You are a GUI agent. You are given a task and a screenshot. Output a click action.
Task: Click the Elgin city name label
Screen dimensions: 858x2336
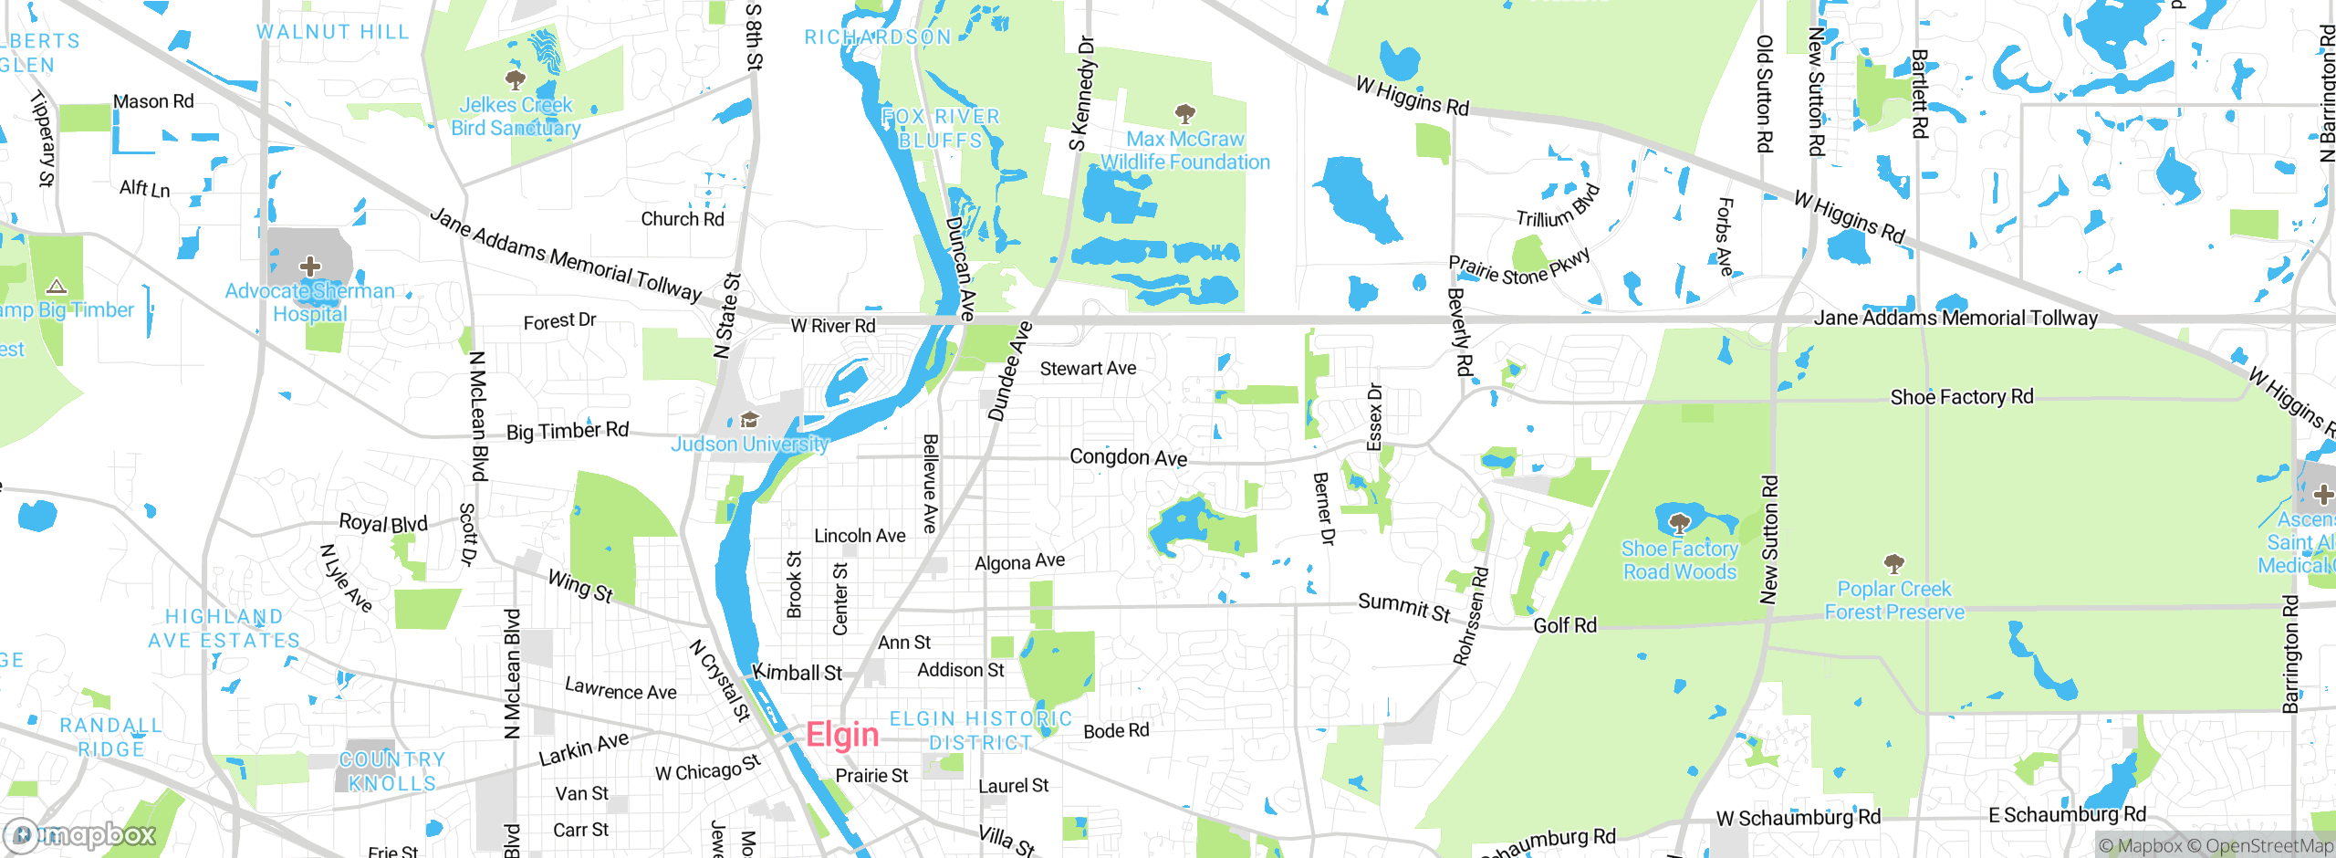(x=841, y=736)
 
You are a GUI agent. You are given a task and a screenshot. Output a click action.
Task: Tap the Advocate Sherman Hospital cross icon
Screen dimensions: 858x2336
(x=310, y=267)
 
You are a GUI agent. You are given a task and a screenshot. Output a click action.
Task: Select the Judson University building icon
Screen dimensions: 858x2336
(x=750, y=420)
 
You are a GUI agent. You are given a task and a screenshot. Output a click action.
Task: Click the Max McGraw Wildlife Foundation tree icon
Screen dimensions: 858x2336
(x=1184, y=114)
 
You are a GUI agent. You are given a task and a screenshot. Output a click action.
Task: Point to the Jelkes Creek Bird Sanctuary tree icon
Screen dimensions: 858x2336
(x=516, y=79)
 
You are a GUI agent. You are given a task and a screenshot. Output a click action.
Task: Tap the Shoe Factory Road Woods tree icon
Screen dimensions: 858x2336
(x=1679, y=523)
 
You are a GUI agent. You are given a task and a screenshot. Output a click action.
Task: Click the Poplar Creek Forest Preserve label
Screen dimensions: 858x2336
(x=1894, y=601)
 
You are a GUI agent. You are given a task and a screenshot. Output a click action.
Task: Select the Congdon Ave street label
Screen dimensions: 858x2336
(x=1128, y=457)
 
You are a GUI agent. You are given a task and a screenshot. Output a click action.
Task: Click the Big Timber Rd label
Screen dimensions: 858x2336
(x=568, y=431)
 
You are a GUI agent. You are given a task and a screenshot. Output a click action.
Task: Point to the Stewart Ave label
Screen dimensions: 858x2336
(x=1088, y=369)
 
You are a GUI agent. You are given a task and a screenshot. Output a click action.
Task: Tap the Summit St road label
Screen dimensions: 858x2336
(x=1403, y=607)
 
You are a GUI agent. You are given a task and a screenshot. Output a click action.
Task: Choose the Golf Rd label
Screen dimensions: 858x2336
(x=1565, y=625)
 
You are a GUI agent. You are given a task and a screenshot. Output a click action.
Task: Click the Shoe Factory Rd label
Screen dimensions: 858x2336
(x=1962, y=397)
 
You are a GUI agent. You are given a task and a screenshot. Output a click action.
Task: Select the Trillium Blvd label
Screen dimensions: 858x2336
(x=1558, y=207)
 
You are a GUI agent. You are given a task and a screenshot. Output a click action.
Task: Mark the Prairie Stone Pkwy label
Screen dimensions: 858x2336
(x=1519, y=265)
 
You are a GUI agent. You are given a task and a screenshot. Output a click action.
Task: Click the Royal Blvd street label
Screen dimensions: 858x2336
(x=383, y=523)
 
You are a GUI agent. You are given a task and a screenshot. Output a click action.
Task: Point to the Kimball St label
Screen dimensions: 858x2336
(x=797, y=674)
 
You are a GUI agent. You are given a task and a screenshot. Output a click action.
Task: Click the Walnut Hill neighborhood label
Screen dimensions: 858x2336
(x=332, y=32)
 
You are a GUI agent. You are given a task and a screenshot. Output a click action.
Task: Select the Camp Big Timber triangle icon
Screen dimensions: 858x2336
(x=57, y=287)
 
